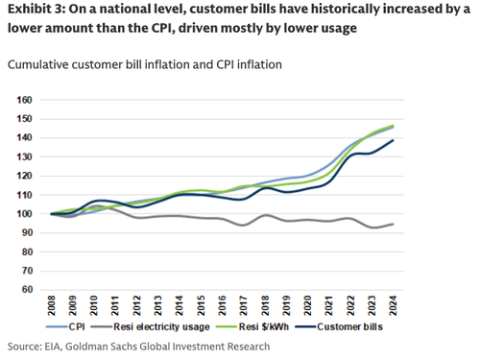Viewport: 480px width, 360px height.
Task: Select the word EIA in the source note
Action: [57, 346]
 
